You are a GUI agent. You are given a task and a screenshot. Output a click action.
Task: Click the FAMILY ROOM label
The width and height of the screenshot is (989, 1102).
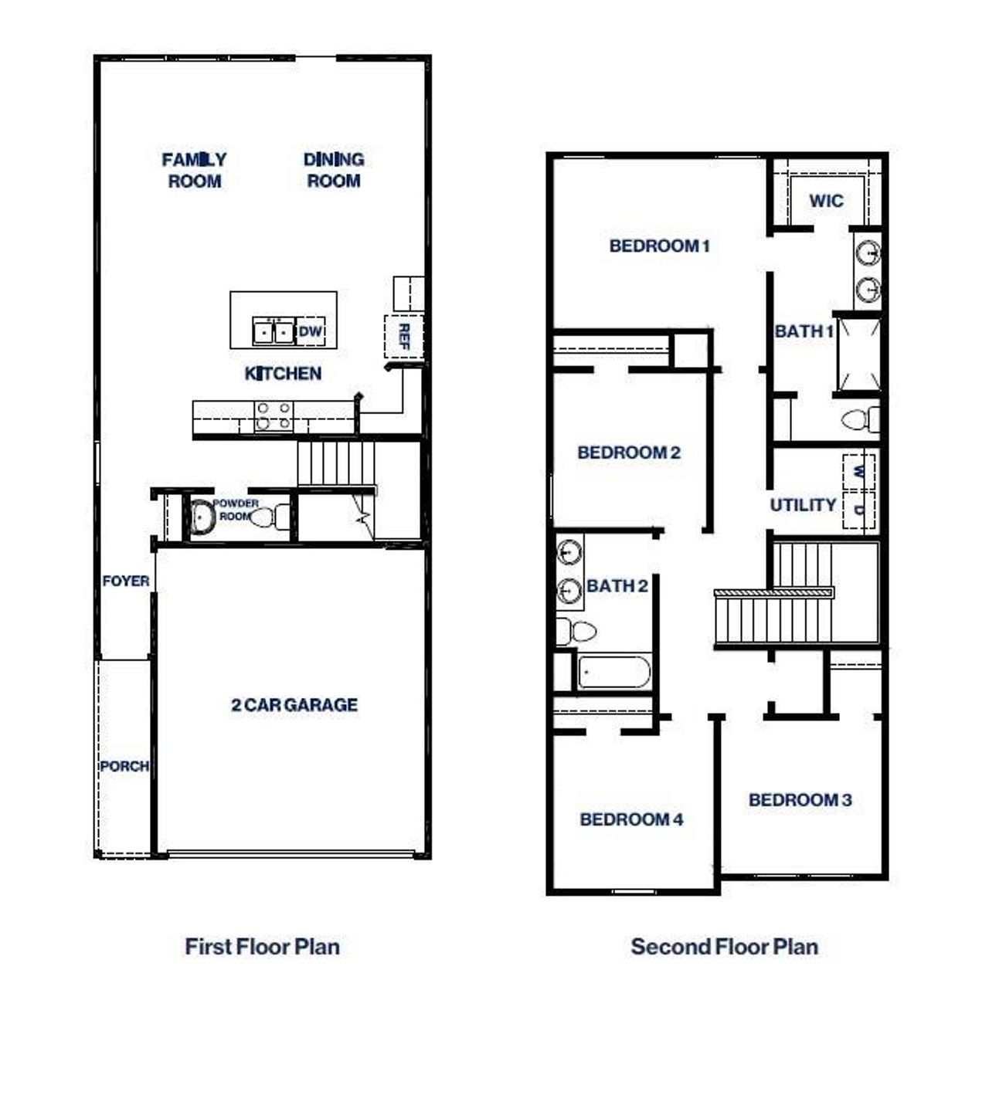pyautogui.click(x=194, y=170)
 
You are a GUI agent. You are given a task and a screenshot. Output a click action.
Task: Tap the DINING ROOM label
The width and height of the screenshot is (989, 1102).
pyautogui.click(x=334, y=170)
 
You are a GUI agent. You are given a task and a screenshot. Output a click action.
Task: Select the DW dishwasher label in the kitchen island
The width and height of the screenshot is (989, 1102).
pyautogui.click(x=310, y=331)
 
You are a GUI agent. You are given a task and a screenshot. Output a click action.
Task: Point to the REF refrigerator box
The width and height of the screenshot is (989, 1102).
pyautogui.click(x=403, y=336)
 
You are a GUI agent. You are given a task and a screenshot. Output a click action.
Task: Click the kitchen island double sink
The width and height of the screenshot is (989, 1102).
pyautogui.click(x=274, y=331)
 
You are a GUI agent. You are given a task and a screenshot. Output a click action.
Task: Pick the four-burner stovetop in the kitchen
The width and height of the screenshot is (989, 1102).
pyautogui.click(x=274, y=415)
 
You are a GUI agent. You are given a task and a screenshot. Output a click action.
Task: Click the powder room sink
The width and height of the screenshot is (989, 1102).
pyautogui.click(x=203, y=517)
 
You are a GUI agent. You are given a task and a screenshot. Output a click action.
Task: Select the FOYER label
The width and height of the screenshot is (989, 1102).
pyautogui.click(x=125, y=581)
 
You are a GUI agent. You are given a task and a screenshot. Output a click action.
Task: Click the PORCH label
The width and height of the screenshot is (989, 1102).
pyautogui.click(x=124, y=766)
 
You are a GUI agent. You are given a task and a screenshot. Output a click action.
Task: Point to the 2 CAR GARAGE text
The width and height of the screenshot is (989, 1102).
pyautogui.click(x=294, y=704)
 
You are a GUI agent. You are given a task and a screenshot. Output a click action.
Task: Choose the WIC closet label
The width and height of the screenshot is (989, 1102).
pyautogui.click(x=826, y=201)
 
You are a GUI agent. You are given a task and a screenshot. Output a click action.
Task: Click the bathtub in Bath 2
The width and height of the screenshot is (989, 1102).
pyautogui.click(x=614, y=672)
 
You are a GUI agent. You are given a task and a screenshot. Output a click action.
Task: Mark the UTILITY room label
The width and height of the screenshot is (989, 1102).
pyautogui.click(x=803, y=505)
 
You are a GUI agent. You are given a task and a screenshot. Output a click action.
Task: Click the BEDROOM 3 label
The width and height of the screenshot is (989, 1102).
pyautogui.click(x=800, y=800)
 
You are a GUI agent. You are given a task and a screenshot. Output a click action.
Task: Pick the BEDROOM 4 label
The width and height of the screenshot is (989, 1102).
pyautogui.click(x=631, y=819)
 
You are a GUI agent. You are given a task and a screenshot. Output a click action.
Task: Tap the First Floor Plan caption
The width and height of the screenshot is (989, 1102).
pyautogui.click(x=262, y=947)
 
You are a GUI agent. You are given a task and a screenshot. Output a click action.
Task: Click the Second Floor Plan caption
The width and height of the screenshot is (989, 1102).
pyautogui.click(x=724, y=947)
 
